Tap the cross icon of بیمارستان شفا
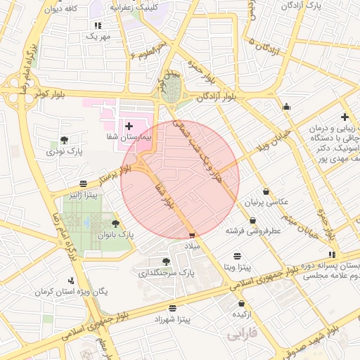tap(129, 125)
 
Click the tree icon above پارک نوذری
tap(65, 140)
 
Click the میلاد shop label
tap(192, 247)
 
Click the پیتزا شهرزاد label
tap(172, 320)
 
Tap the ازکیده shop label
tap(243, 314)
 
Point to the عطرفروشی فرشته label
tap(252, 230)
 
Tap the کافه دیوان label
tap(60, 8)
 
